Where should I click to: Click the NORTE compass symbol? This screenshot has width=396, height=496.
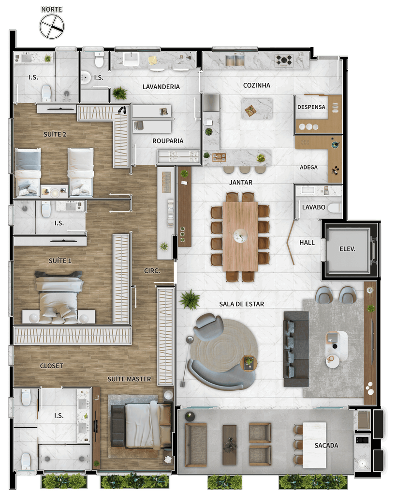coord(51,26)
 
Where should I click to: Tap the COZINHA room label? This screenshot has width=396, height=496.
coord(256,85)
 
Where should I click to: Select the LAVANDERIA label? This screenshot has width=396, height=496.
coord(161,87)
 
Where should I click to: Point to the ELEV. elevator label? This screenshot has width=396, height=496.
coord(347,249)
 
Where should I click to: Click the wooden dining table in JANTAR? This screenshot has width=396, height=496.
coord(240,236)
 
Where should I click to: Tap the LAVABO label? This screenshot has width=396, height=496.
coord(314,207)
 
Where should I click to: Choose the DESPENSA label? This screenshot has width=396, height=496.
coord(311,107)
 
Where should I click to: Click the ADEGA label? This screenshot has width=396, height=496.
coord(308,167)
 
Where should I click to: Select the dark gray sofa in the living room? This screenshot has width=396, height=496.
coord(296,349)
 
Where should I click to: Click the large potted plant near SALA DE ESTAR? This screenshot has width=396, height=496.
coord(190,299)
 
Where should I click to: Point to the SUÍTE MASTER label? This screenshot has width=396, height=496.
coord(129,379)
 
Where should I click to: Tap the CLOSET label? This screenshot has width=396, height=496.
coord(51,366)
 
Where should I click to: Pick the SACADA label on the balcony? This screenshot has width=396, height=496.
coord(326,446)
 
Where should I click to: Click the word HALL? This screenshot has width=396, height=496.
coord(307,243)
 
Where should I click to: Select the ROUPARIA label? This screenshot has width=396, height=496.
coord(168,141)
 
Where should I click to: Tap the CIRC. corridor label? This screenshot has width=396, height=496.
coord(152,271)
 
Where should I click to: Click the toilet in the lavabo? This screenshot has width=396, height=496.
coord(334,208)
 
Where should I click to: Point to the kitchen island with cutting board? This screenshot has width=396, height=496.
coord(257,108)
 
